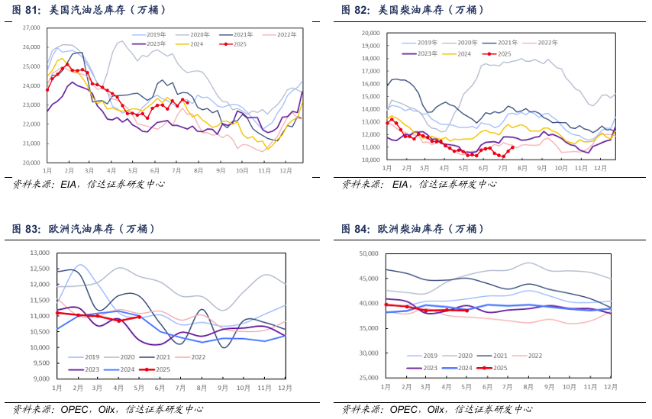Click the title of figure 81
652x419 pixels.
(x=89, y=10)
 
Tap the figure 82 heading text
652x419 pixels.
(x=413, y=10)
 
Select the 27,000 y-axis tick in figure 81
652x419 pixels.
(x=31, y=27)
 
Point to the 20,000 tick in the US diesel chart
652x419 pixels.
(x=371, y=34)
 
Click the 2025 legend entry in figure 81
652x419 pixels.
(x=233, y=44)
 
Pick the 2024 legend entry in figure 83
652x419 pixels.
(x=119, y=369)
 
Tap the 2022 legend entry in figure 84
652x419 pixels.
(x=528, y=356)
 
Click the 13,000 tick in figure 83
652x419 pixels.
(x=40, y=253)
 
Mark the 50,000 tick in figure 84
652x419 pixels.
(x=369, y=253)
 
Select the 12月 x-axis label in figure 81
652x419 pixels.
(x=286, y=171)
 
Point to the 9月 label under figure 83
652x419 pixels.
(x=222, y=388)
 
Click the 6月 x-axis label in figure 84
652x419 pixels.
(x=487, y=387)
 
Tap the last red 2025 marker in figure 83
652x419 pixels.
(x=139, y=317)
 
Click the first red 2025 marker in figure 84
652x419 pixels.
(x=386, y=305)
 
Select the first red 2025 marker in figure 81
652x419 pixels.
(x=47, y=90)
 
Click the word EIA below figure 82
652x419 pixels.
(x=400, y=184)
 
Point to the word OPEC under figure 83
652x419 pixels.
(x=74, y=410)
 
